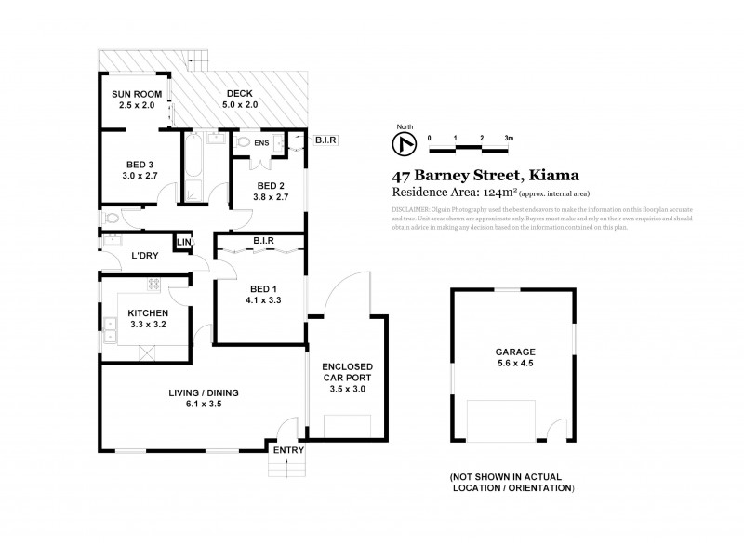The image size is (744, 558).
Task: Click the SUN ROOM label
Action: [137, 95]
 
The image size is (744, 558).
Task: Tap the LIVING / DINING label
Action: [204, 393]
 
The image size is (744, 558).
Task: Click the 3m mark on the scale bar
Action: [508, 137]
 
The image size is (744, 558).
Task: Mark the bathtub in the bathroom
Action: [194, 167]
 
